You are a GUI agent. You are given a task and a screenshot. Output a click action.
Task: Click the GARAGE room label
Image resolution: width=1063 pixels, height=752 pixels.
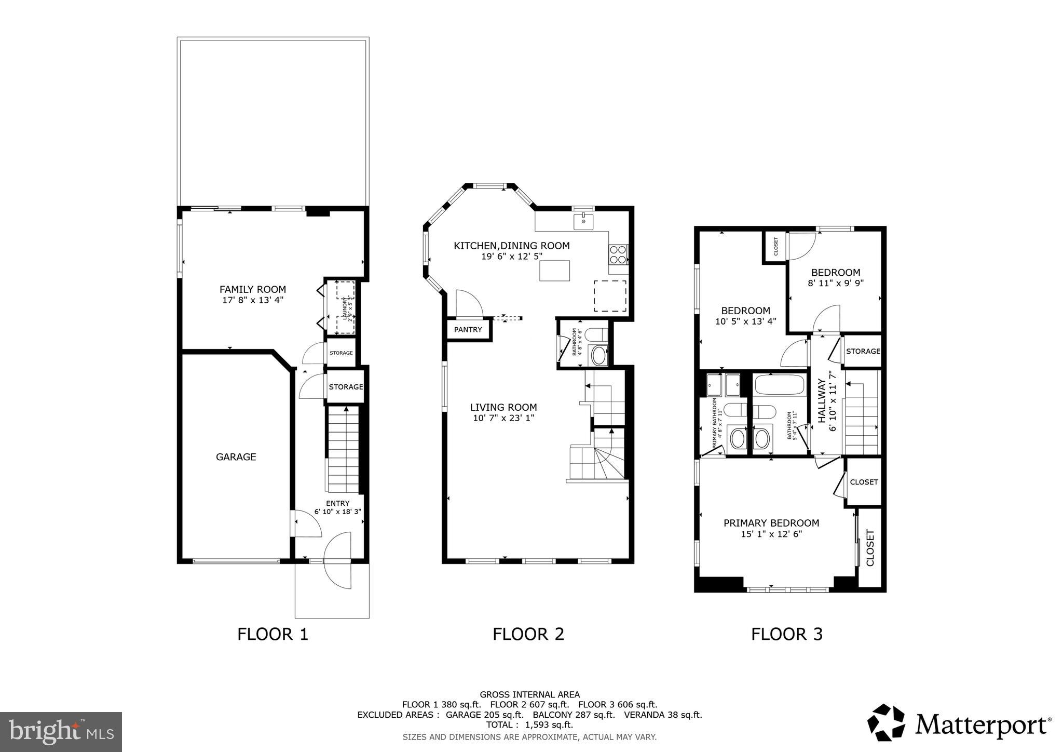[236, 457]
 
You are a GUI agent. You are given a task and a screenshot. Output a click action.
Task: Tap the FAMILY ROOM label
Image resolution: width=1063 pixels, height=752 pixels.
[252, 289]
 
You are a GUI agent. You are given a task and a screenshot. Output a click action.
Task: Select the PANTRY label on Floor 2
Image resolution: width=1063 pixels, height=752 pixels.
[468, 330]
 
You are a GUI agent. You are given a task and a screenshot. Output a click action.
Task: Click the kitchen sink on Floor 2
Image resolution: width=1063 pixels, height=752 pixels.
[583, 221]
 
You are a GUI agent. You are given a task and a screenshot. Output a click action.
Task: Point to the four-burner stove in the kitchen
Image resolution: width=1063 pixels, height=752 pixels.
[618, 254]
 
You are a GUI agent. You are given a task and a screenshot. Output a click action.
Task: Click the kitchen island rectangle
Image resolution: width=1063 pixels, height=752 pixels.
[554, 271]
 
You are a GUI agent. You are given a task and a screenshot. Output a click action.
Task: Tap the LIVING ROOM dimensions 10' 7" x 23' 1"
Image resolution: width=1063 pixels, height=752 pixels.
[503, 418]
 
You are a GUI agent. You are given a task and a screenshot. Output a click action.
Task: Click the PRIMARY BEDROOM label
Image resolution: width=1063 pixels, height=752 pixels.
[771, 523]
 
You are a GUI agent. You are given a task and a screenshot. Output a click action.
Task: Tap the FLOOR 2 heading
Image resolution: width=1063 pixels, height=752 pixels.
[528, 634]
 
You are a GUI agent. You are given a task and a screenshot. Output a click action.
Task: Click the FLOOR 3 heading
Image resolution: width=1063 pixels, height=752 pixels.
[786, 634]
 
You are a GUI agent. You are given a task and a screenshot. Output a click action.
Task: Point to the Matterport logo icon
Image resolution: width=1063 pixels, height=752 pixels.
[886, 722]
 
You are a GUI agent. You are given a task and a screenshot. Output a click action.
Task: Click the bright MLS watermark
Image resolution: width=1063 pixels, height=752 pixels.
[61, 732]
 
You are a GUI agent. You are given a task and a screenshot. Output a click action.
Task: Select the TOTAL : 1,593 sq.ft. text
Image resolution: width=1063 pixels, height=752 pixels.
[529, 724]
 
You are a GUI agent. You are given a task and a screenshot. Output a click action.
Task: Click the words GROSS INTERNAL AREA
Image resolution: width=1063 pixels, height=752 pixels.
[529, 694]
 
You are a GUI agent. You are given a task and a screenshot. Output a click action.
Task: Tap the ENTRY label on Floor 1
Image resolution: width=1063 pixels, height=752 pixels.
[337, 503]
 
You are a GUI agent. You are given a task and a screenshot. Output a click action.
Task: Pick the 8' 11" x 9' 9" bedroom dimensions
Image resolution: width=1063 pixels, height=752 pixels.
[835, 283]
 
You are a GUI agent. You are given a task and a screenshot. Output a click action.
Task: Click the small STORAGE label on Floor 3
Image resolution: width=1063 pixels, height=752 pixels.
[863, 351]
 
